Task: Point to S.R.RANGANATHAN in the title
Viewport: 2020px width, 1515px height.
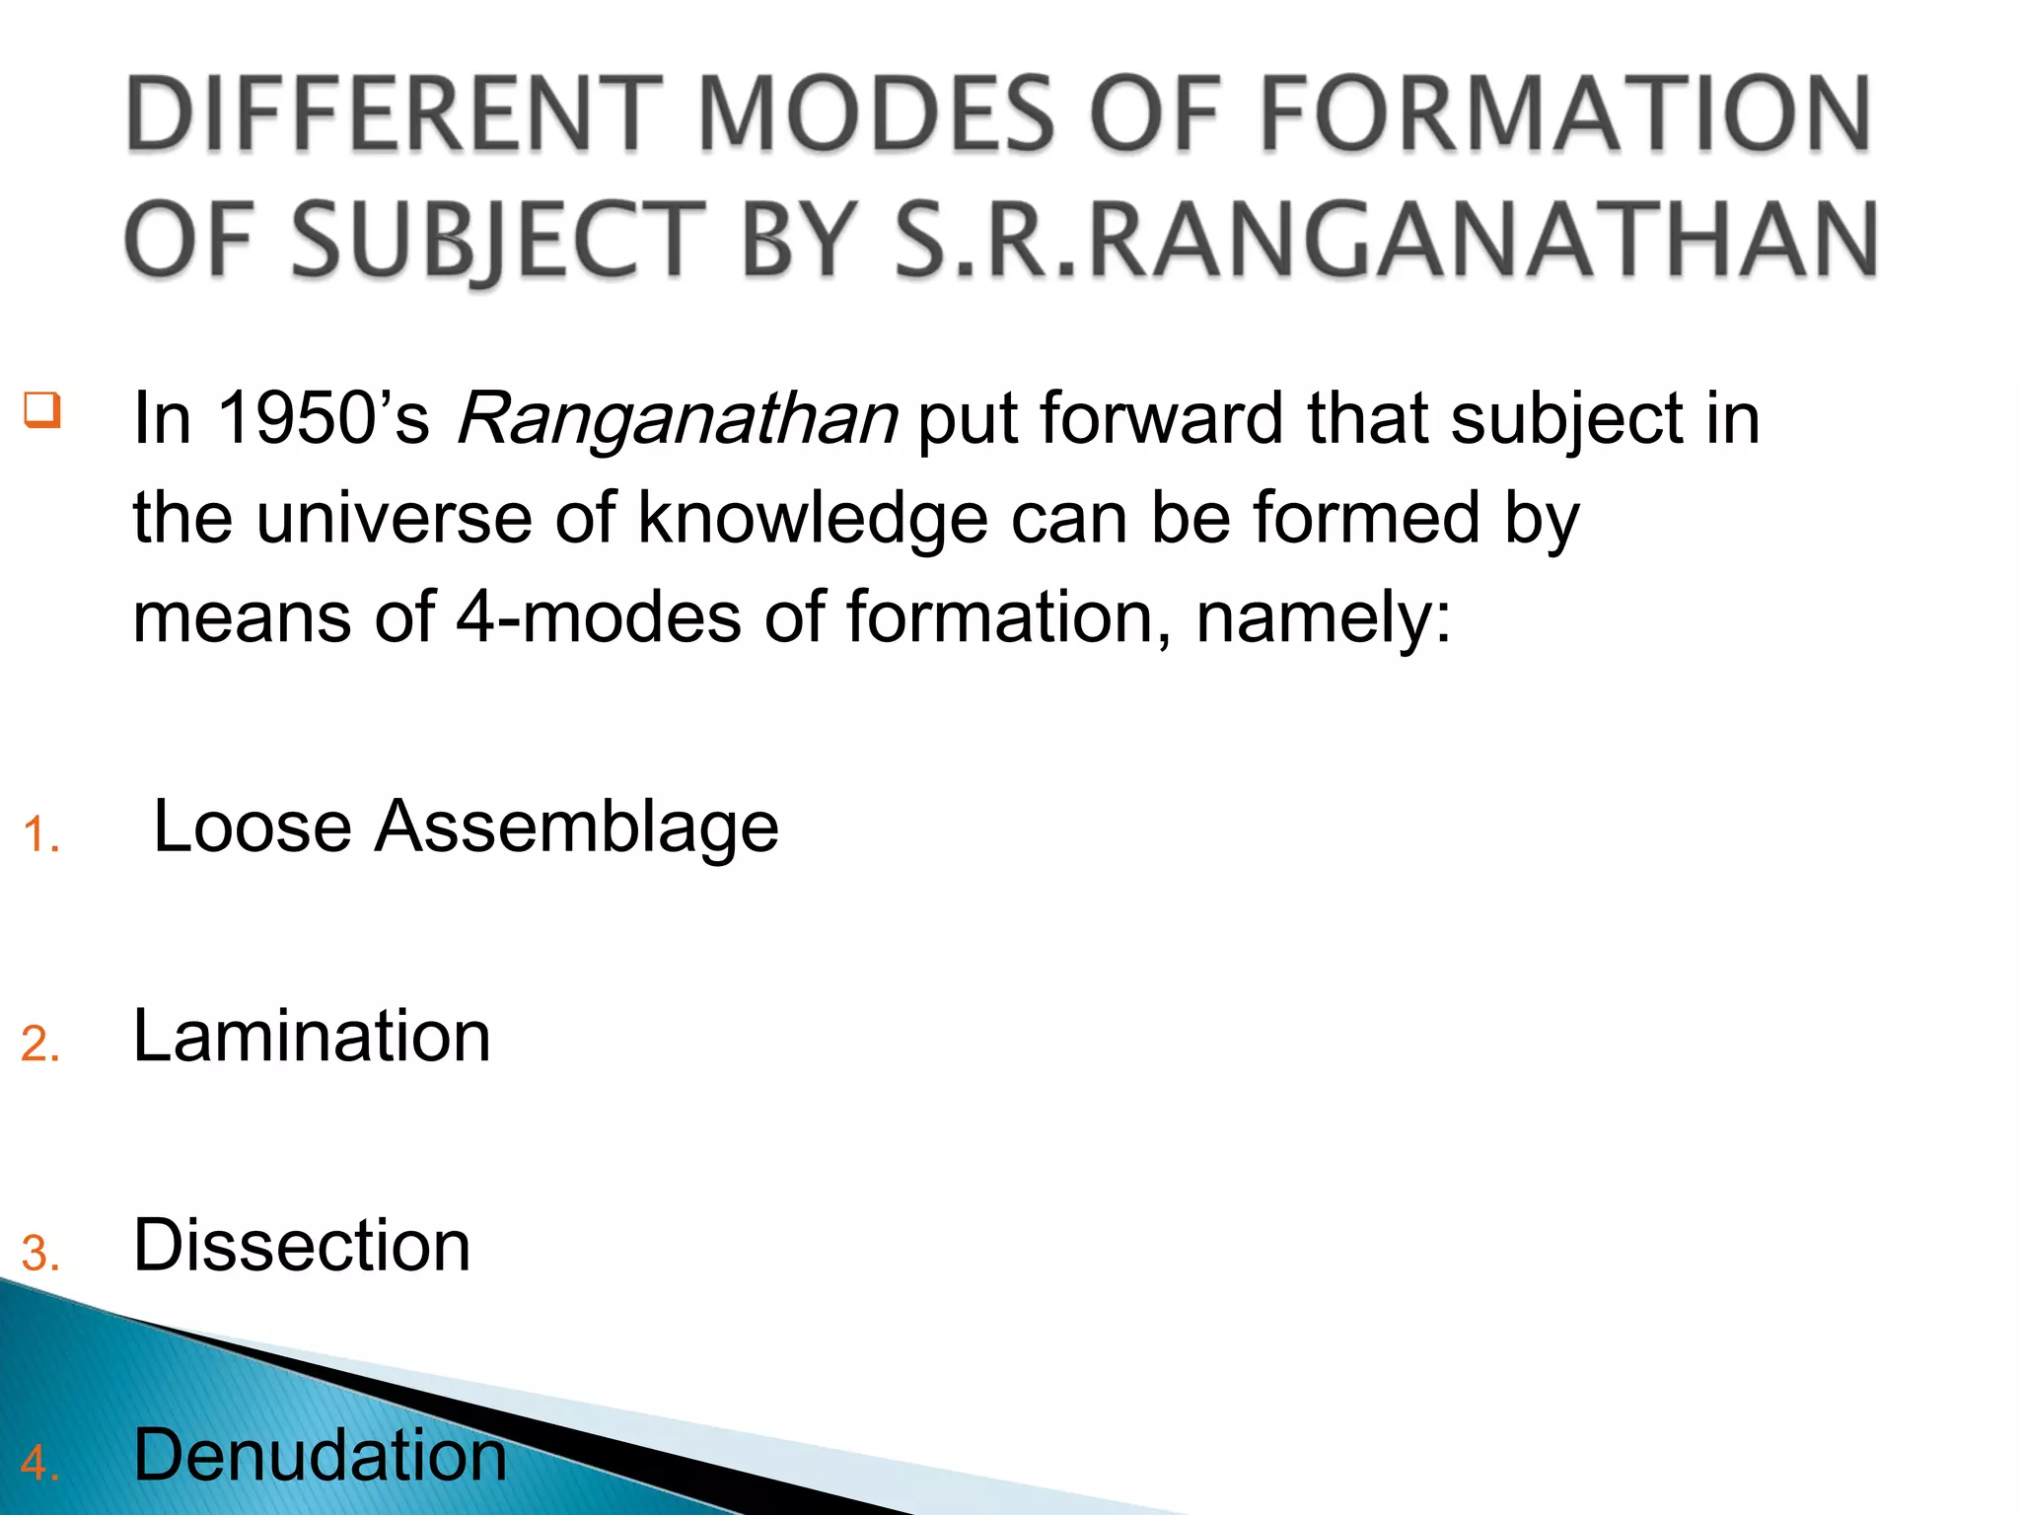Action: point(1386,240)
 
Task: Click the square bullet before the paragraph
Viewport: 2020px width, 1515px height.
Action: point(42,409)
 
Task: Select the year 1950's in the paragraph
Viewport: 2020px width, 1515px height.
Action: point(323,418)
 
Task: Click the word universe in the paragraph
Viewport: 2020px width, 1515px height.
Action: point(395,519)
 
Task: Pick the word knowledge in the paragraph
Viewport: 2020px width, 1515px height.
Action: point(812,519)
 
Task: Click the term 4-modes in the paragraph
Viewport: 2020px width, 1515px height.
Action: point(598,617)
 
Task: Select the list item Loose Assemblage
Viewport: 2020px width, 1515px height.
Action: point(466,827)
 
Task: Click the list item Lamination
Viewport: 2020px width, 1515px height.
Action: point(312,1037)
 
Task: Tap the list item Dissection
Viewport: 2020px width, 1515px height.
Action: point(302,1246)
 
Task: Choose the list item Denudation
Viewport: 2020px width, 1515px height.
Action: point(320,1455)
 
